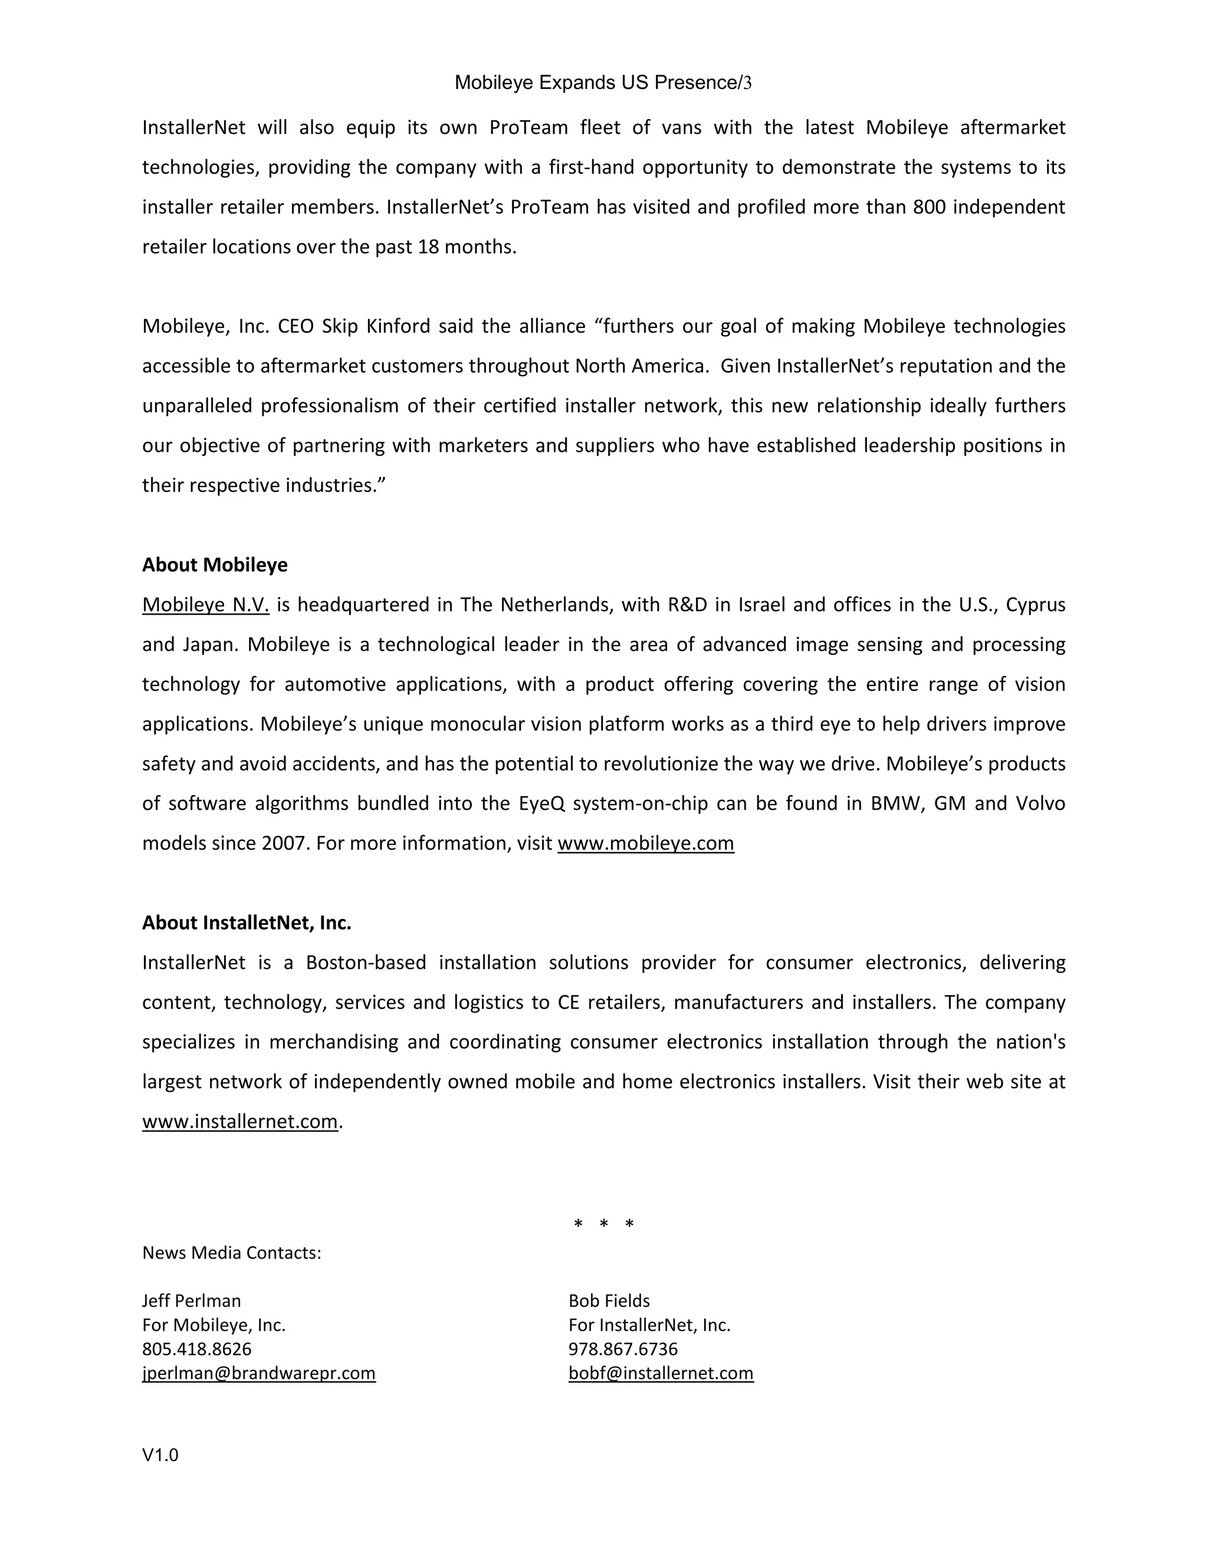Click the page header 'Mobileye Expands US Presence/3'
click(x=603, y=83)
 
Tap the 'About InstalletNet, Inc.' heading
click(x=246, y=922)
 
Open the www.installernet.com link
click(x=239, y=1121)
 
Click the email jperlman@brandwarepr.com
click(x=258, y=1372)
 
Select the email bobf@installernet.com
click(x=661, y=1372)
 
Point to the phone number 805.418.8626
click(x=197, y=1349)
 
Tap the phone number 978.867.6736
click(x=623, y=1349)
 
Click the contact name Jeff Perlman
click(x=191, y=1301)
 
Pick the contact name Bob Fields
click(x=609, y=1301)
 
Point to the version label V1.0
click(x=160, y=1454)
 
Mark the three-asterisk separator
click(x=603, y=1224)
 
